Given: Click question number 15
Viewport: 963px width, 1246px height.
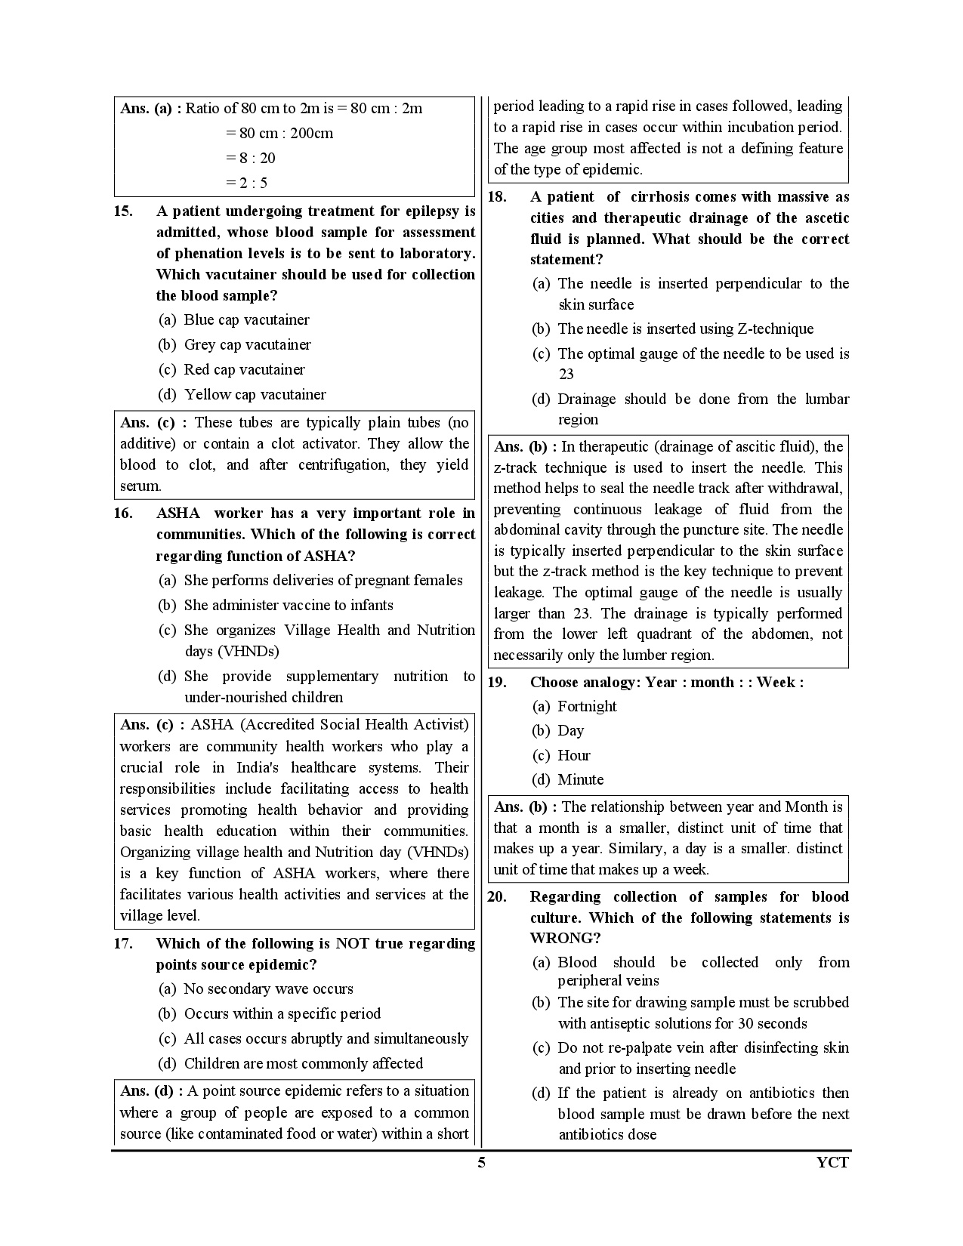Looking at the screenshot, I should pos(123,211).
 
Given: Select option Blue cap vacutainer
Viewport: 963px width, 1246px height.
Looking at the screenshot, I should pos(246,320).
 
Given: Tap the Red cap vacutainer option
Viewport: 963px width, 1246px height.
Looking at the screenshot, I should pos(244,370).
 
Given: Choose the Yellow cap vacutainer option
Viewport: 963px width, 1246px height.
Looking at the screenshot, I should pos(255,395).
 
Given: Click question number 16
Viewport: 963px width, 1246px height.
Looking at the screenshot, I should pos(123,514).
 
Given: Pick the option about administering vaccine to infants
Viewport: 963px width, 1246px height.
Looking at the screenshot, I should pos(288,606).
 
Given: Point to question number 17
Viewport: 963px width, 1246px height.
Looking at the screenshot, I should pos(123,944).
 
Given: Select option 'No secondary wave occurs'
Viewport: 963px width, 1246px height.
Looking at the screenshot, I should pos(268,989).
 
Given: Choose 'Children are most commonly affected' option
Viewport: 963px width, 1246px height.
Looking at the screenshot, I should pos(303,1064).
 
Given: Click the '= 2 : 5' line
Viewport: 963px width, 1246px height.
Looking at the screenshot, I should pos(246,183).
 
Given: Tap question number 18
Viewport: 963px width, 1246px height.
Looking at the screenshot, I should pos(497,197).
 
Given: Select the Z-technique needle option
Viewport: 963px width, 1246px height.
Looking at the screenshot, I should pos(685,329).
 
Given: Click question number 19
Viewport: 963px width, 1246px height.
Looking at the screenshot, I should pos(497,683).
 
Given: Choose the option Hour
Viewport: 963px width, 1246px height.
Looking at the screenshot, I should pos(573,756).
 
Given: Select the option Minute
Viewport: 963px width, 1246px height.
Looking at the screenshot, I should pos(580,780).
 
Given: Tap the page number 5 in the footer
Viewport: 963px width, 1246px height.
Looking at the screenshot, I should pos(481,1163).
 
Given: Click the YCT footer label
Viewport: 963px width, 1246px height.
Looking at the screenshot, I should pos(833,1163).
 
